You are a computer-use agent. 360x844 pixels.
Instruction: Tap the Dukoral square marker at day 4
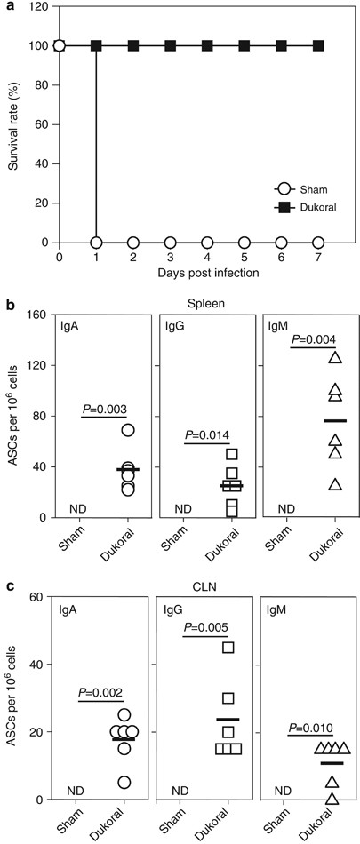click(x=207, y=44)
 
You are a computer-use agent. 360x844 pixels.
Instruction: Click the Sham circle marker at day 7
click(x=318, y=242)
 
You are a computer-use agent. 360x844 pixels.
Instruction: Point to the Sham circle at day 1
click(x=96, y=242)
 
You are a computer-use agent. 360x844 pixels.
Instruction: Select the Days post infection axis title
click(x=189, y=273)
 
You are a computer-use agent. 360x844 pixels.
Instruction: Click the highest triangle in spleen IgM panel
click(x=334, y=358)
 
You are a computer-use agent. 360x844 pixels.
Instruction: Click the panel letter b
click(x=9, y=304)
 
